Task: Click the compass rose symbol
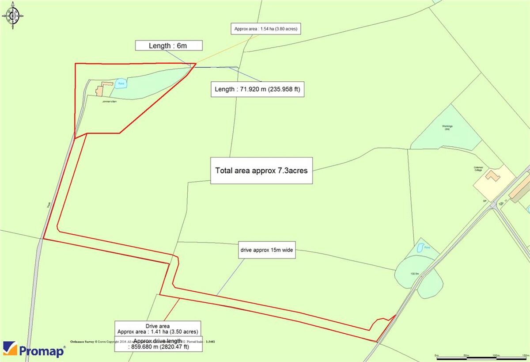pos(12,16)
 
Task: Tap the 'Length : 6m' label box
pos(169,46)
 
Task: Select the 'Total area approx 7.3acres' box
pos(261,171)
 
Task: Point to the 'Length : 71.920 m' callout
pos(257,89)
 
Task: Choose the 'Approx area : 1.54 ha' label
pos(266,30)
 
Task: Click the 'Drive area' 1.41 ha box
pos(158,329)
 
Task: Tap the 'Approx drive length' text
pos(159,344)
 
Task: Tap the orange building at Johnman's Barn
pos(100,90)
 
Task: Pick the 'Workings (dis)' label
pos(447,128)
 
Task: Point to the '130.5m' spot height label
pos(414,274)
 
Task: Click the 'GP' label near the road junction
pos(485,201)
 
